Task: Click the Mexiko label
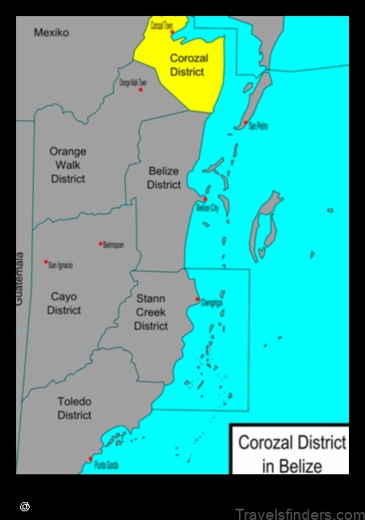click(51, 33)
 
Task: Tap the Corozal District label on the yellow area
click(187, 64)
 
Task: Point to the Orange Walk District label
click(67, 165)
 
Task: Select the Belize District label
click(164, 177)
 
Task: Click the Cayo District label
click(63, 303)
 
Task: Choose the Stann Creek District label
click(151, 312)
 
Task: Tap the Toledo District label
click(74, 408)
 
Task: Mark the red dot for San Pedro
click(245, 123)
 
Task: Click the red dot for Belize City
click(205, 199)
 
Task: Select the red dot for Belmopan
click(100, 243)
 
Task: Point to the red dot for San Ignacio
click(46, 262)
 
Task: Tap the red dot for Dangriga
click(197, 299)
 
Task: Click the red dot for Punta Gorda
click(90, 459)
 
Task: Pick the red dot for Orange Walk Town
click(140, 89)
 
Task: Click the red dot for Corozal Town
click(171, 32)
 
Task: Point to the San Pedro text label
click(258, 127)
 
